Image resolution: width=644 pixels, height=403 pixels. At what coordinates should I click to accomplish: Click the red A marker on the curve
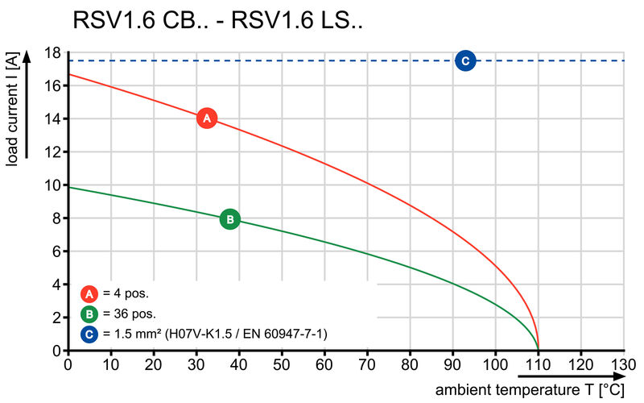pyautogui.click(x=207, y=118)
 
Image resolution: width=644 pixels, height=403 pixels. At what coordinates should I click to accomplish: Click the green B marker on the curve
pyautogui.click(x=229, y=218)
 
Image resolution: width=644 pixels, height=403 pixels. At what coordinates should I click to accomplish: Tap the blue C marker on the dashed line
pyautogui.click(x=464, y=60)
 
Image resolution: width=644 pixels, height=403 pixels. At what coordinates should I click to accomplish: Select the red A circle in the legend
pyautogui.click(x=90, y=293)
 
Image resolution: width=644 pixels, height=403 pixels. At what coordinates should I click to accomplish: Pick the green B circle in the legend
pyautogui.click(x=90, y=314)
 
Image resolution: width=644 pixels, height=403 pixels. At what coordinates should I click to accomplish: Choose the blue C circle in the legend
pyautogui.click(x=90, y=333)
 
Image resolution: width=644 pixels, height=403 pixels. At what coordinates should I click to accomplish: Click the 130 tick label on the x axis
pyautogui.click(x=623, y=364)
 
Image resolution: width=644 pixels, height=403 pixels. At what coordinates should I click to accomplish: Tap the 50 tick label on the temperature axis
pyautogui.click(x=281, y=364)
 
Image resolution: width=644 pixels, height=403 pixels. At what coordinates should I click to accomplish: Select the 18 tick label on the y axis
pyautogui.click(x=53, y=52)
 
